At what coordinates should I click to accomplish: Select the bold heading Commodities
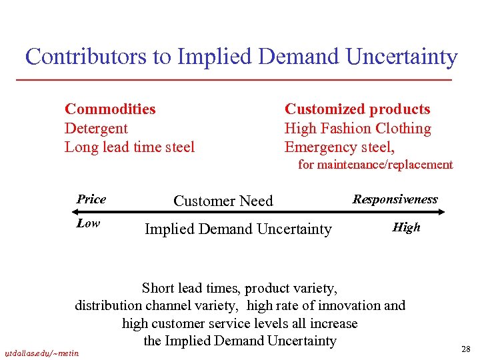(110, 109)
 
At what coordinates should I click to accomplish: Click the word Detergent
(96, 128)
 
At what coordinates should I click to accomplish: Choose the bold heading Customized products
(357, 109)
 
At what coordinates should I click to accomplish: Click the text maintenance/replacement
(385, 165)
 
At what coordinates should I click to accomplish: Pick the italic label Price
(91, 199)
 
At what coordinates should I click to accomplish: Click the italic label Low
(88, 223)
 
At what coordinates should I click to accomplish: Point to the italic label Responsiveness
(395, 199)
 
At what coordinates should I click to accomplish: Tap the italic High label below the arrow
(406, 227)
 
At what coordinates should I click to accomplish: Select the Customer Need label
(223, 201)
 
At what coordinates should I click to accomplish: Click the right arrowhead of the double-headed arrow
(441, 213)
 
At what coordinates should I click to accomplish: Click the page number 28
(465, 349)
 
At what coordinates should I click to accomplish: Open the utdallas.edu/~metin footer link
(41, 353)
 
